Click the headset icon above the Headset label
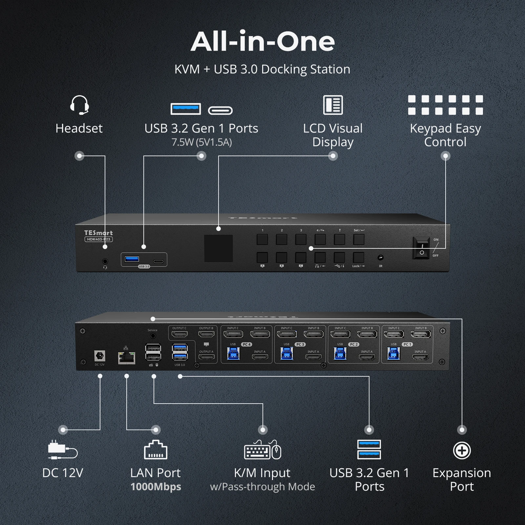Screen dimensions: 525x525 (x=79, y=105)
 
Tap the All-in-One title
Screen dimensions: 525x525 (x=262, y=42)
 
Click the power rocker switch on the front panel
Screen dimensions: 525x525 (x=422, y=248)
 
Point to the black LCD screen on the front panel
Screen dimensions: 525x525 (x=219, y=248)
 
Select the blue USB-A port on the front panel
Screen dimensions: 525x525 (x=132, y=259)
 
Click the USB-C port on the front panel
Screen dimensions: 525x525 (x=158, y=262)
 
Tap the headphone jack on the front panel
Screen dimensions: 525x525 (x=105, y=262)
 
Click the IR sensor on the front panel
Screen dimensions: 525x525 (x=381, y=258)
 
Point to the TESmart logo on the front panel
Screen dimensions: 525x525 (x=98, y=233)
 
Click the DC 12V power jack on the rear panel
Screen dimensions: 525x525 (x=99, y=356)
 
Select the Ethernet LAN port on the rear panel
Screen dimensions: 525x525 (x=127, y=358)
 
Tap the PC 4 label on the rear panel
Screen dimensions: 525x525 (x=246, y=345)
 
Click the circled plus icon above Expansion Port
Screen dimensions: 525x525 (x=462, y=451)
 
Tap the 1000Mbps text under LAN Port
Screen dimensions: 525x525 (x=156, y=487)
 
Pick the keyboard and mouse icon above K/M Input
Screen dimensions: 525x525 (x=262, y=450)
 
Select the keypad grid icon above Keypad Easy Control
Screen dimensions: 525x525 (x=445, y=105)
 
